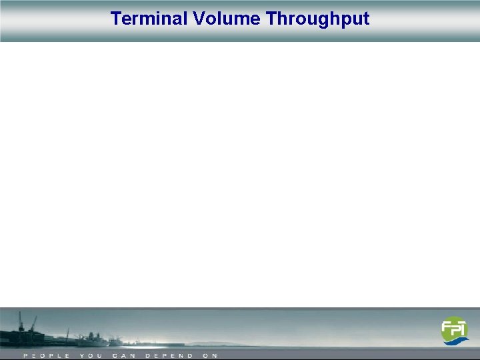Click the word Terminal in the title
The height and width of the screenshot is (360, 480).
(x=149, y=19)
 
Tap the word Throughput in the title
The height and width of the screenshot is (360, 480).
(x=318, y=19)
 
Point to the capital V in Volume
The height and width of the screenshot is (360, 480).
(x=199, y=19)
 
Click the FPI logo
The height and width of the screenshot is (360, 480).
(x=455, y=331)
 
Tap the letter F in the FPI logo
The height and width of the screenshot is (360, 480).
(x=446, y=329)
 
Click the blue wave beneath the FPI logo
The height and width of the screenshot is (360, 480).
(x=457, y=341)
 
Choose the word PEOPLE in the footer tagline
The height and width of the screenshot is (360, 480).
(x=47, y=356)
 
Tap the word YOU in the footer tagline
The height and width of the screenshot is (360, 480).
(x=91, y=356)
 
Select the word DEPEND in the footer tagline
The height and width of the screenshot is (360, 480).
(x=169, y=356)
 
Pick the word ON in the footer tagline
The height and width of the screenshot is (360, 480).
(x=210, y=356)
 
